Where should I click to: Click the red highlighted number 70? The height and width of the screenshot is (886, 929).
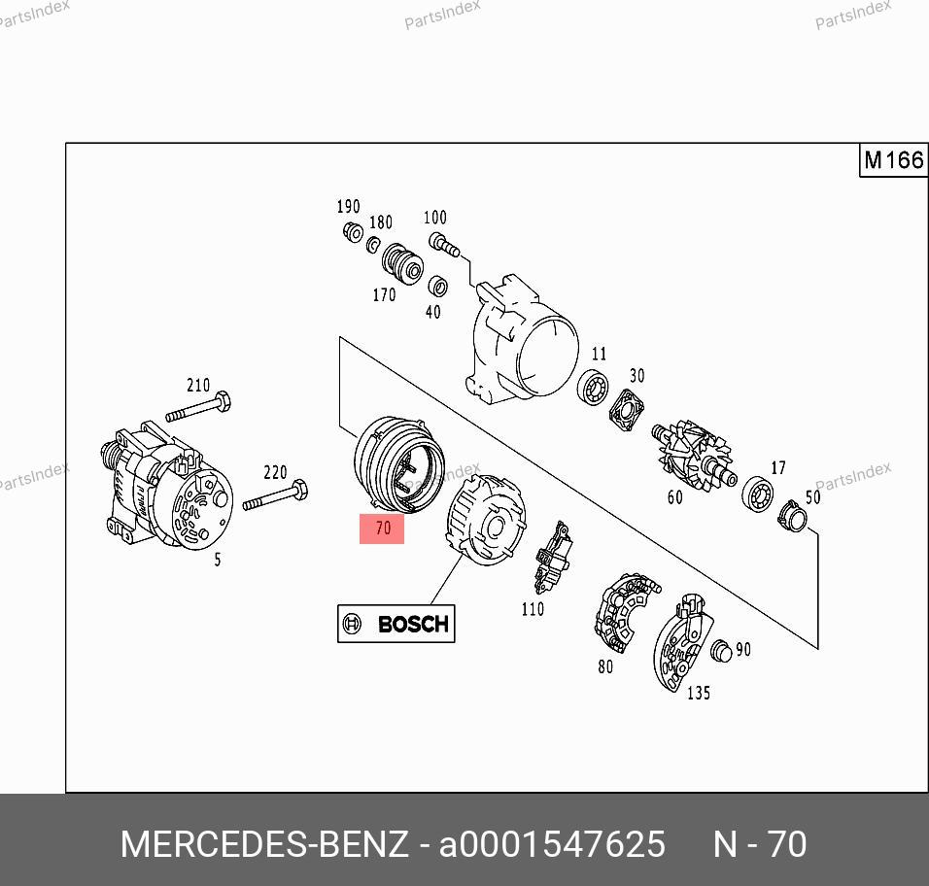pyautogui.click(x=382, y=528)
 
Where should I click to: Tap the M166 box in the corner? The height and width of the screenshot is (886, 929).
pyautogui.click(x=893, y=160)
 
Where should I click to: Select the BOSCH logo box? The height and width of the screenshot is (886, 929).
pyautogui.click(x=396, y=624)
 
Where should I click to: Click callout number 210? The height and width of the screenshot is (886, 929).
pyautogui.click(x=198, y=386)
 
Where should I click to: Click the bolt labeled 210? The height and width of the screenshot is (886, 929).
pyautogui.click(x=198, y=407)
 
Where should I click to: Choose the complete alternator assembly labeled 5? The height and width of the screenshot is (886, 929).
pyautogui.click(x=166, y=486)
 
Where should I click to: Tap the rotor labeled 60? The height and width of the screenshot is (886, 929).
pyautogui.click(x=694, y=453)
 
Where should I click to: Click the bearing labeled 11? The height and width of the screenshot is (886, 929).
pyautogui.click(x=593, y=388)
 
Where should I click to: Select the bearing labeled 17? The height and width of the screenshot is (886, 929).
pyautogui.click(x=758, y=493)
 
